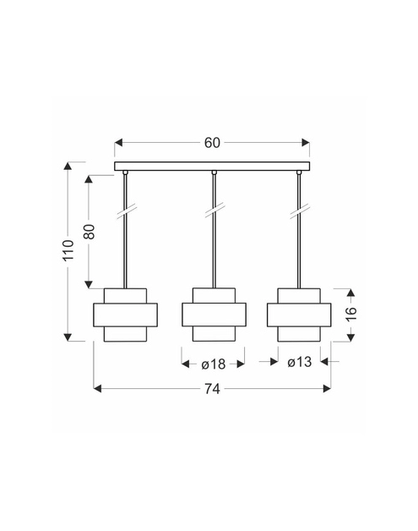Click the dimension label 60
coord(212,143)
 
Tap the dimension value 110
coord(68,250)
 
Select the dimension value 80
coord(90,232)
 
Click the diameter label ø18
coord(214,364)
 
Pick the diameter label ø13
coord(300,362)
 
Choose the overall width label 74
coord(212,389)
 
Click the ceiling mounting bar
coord(212,166)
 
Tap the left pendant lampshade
coord(125,315)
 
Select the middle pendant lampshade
coord(214,315)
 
